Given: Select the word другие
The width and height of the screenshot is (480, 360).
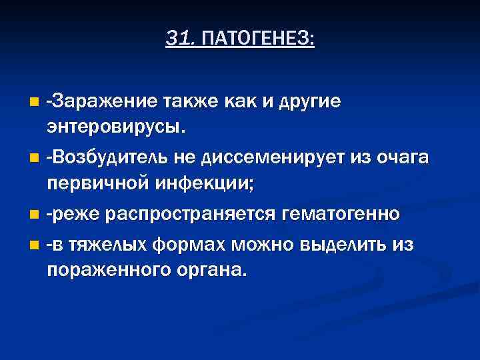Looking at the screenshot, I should click(309, 101).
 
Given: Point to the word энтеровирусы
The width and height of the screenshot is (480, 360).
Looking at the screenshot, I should click(116, 125).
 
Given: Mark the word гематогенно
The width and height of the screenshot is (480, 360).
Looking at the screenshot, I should click(342, 213).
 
